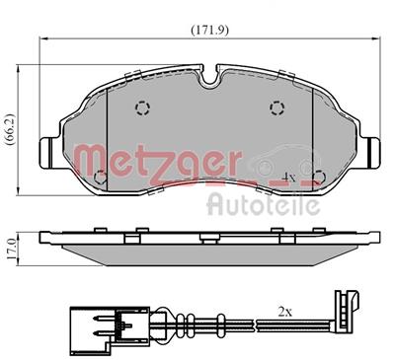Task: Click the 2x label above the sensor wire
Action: pos(284,312)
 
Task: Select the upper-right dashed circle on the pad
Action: pos(275,109)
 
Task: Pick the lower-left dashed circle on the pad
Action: pos(101,179)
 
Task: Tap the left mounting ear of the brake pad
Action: pos(49,150)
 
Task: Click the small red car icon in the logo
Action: pos(286,161)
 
